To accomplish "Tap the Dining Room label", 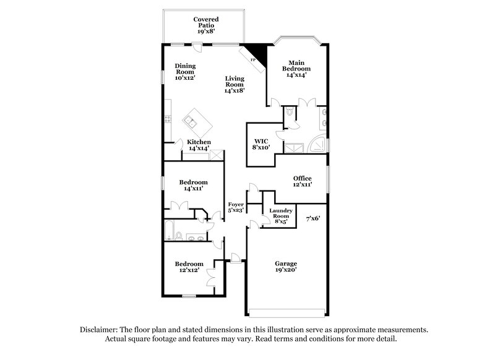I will point(184,72).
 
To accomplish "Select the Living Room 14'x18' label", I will point(235,84).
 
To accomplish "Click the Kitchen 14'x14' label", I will point(199,145).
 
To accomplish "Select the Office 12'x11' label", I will point(303,181).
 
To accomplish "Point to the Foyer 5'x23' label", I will point(236,207).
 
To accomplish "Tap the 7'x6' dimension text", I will point(312,218).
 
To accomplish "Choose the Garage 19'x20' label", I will point(286,267).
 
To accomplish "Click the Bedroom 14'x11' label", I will point(193,186).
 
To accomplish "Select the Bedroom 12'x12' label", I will point(188,267).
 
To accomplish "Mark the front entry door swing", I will point(235,257).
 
